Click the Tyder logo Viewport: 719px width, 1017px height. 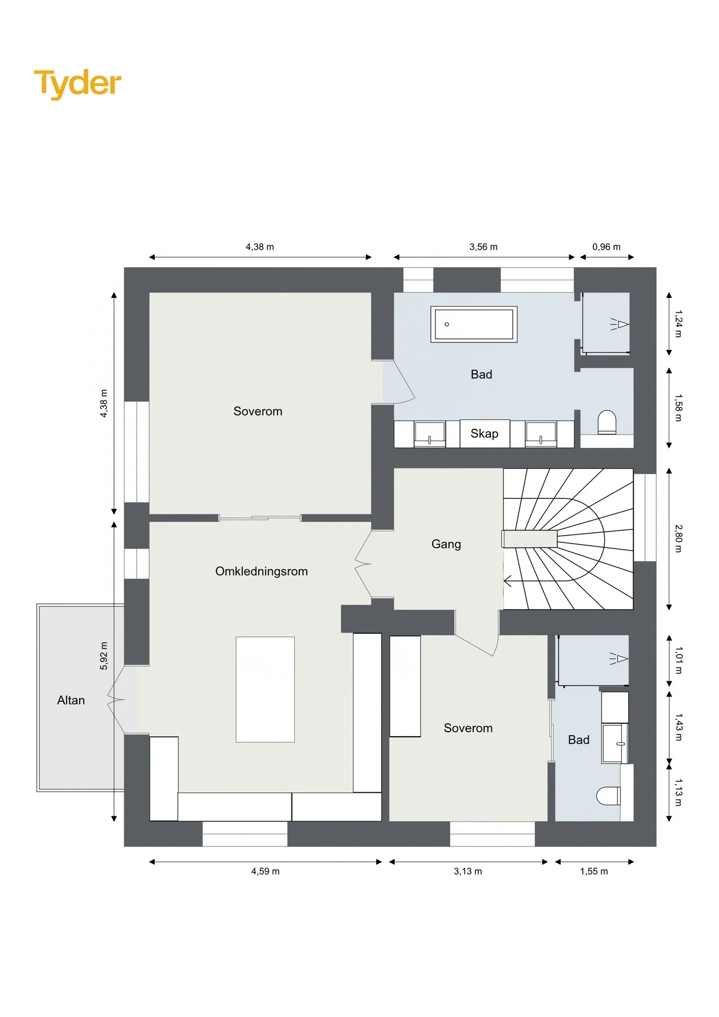tap(77, 84)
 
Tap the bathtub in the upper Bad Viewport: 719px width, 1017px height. tap(474, 324)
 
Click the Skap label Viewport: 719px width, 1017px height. tap(485, 433)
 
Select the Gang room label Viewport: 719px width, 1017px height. tap(446, 544)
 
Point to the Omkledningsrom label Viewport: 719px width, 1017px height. tap(262, 571)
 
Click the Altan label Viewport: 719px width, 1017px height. tap(71, 700)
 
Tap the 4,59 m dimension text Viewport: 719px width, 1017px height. tap(265, 871)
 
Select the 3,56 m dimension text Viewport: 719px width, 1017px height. tap(483, 247)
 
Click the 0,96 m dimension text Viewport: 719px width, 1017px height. tap(606, 247)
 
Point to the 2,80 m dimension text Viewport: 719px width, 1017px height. tap(678, 538)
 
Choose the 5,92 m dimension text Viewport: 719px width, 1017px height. tap(104, 656)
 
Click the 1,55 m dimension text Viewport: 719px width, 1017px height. tap(594, 871)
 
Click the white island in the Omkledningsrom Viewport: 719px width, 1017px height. tap(265, 689)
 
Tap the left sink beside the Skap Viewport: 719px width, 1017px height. tap(430, 434)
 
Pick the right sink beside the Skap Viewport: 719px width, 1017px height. tap(541, 434)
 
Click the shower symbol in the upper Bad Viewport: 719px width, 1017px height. tap(620, 324)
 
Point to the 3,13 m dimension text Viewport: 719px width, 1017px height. tap(468, 871)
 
